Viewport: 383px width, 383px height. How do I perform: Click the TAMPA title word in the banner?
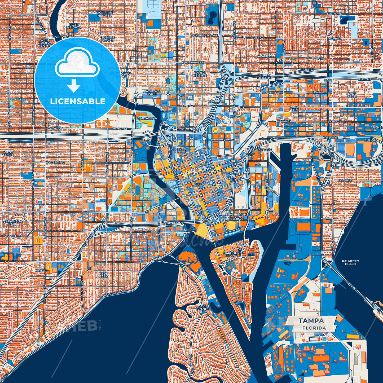point(311,321)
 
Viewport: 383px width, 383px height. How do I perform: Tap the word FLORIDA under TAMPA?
point(314,328)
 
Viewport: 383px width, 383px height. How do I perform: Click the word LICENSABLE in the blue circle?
point(78,101)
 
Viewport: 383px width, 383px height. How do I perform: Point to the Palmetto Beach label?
point(350,262)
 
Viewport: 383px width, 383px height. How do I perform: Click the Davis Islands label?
point(203,307)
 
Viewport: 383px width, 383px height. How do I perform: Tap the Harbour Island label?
point(231,254)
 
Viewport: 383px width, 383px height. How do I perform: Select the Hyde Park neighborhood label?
point(104,275)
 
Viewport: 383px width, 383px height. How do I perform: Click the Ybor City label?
point(294,108)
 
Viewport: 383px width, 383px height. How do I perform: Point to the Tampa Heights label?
point(200,74)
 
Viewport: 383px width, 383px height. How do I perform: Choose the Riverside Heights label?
point(104,14)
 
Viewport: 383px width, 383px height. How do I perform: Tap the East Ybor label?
point(352,95)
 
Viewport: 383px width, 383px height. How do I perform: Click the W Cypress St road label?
point(55,162)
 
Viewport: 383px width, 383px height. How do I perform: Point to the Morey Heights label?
point(264,77)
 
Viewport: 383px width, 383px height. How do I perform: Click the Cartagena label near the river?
point(147,118)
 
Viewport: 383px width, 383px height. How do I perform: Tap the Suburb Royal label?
point(108,39)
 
